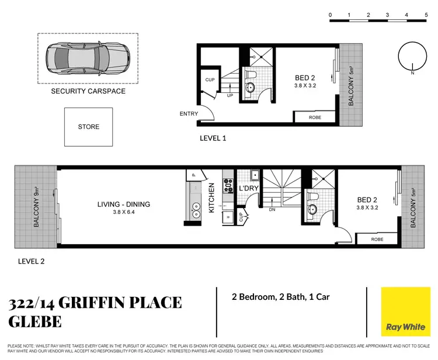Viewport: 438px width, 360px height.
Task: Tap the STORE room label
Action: point(89,127)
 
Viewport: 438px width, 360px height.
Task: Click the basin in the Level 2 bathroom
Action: point(311,209)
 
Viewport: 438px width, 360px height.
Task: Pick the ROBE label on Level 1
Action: point(315,117)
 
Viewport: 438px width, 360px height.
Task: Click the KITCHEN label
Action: point(212,197)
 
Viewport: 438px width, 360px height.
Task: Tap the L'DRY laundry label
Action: point(249,189)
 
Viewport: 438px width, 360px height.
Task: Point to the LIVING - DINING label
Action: point(124,204)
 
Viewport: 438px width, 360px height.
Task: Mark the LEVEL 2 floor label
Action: point(31,261)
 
